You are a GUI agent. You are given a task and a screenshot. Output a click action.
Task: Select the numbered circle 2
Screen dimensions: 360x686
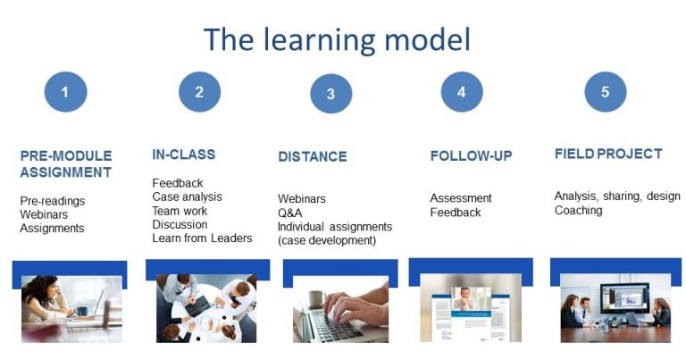click(x=199, y=91)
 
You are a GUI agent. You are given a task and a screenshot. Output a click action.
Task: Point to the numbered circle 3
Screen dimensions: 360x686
click(x=331, y=94)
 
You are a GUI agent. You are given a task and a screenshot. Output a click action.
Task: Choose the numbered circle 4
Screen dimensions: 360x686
click(x=462, y=91)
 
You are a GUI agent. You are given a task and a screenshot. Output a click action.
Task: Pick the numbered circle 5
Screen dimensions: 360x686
click(x=605, y=91)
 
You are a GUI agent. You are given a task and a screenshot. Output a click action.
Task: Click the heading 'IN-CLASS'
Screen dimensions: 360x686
click(x=183, y=155)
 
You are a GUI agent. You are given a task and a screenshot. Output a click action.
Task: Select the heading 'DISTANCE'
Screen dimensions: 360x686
click(x=313, y=156)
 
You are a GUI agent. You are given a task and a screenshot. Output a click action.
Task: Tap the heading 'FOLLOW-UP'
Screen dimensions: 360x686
click(x=471, y=155)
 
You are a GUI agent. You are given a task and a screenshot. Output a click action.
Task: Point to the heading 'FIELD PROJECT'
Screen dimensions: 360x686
click(x=608, y=154)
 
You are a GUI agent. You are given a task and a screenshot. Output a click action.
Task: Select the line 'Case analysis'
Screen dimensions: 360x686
click(x=187, y=197)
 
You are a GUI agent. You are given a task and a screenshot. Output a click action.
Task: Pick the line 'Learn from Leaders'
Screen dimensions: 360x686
click(x=202, y=238)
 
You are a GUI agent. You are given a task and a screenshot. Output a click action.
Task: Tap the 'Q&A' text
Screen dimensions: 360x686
click(x=290, y=213)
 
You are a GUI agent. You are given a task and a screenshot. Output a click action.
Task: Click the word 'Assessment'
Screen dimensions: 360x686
click(x=461, y=198)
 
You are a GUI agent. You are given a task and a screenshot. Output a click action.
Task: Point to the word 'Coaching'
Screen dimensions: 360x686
click(x=578, y=211)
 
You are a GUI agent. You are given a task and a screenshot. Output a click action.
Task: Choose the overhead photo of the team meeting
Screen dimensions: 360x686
click(x=205, y=308)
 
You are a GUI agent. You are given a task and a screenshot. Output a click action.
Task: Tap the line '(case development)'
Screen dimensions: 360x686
click(x=327, y=240)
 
